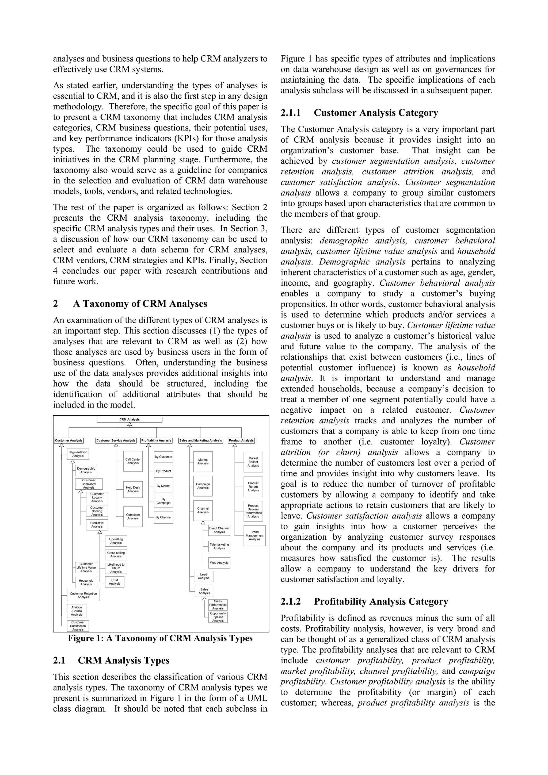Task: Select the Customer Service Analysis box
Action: pos(116,440)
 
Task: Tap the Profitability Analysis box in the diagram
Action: pos(156,440)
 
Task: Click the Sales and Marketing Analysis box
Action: pos(201,440)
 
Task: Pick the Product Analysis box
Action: pos(241,440)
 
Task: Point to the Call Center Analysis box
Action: pos(133,461)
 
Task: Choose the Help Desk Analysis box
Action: pos(133,489)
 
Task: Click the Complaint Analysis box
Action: pos(133,516)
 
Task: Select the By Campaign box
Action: pos(163,501)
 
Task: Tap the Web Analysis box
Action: pos(219,563)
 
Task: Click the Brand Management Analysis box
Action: pos(254,536)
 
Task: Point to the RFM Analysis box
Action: pos(115,582)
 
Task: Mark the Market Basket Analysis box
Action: pos(253,462)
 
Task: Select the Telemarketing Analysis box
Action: pos(219,546)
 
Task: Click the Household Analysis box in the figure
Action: pos(86,583)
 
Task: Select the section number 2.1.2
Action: pos(290,601)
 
